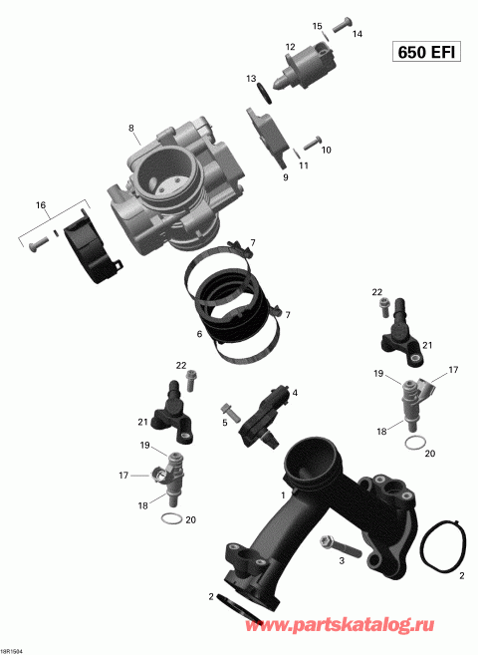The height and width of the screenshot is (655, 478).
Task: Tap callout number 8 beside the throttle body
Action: point(130,128)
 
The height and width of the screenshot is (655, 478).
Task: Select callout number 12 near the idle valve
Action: point(291,47)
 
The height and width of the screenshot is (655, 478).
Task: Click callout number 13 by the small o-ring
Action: point(252,78)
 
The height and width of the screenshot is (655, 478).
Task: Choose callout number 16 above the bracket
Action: point(41,205)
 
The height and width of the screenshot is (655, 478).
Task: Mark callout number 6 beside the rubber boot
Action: point(199,334)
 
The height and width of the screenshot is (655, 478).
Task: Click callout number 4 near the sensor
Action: point(295,393)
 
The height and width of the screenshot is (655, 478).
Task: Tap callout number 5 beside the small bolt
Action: point(225,422)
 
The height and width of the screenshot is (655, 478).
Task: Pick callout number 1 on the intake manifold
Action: point(283,494)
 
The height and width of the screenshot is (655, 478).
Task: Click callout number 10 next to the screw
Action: point(327,150)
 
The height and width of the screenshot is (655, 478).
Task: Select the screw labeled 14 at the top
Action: point(341,20)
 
